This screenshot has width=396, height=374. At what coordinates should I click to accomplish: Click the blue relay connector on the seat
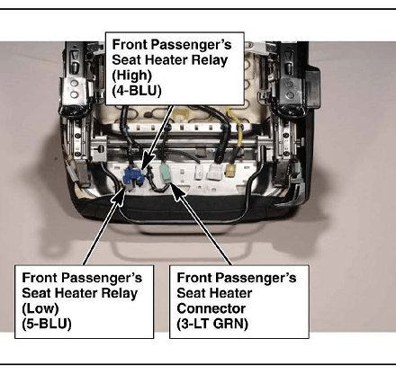[133, 176]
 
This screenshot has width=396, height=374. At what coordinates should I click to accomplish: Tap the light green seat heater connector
[166, 174]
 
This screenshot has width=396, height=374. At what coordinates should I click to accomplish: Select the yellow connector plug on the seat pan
[230, 170]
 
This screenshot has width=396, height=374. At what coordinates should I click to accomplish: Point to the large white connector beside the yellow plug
[215, 172]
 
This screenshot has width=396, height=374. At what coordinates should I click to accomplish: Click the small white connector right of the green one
[200, 173]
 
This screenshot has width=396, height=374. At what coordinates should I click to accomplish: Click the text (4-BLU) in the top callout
[137, 90]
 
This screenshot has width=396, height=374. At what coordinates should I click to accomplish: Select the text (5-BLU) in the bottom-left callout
[47, 324]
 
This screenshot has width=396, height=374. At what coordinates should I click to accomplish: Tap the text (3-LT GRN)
[212, 324]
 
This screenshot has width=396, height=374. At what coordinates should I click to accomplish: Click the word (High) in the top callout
[131, 75]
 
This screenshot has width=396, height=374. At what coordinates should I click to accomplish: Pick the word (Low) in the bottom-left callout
[40, 308]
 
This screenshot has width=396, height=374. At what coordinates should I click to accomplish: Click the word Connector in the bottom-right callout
[211, 308]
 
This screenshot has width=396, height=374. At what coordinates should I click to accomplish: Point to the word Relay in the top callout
[210, 60]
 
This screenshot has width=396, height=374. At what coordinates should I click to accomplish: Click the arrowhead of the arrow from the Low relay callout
[121, 195]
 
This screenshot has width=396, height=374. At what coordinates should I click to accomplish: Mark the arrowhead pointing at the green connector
[176, 190]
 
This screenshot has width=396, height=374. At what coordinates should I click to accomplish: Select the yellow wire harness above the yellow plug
[235, 126]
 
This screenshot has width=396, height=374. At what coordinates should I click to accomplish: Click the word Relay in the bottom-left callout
[120, 293]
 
